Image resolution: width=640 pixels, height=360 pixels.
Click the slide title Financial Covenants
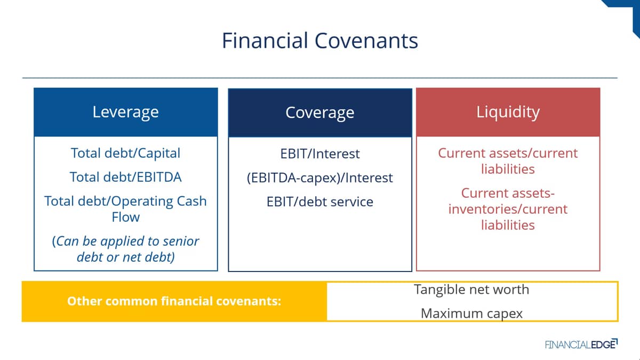[x=319, y=41]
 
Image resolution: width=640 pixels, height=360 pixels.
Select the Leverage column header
[x=126, y=112]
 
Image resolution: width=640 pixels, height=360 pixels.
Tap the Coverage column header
[x=320, y=113]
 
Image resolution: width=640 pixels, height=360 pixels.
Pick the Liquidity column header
[x=508, y=112]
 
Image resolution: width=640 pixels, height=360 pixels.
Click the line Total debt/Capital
[x=126, y=153]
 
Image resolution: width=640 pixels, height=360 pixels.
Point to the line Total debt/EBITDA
[x=126, y=177]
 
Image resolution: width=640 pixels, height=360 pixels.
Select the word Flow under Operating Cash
[x=126, y=217]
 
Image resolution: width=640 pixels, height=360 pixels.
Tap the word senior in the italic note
[x=181, y=242]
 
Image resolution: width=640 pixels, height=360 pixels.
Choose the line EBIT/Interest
[x=320, y=154]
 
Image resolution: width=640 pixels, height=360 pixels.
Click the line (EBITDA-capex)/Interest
[x=320, y=178]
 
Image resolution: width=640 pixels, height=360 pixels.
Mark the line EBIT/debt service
[x=320, y=202]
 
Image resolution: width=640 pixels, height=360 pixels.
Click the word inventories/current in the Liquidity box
[x=508, y=209]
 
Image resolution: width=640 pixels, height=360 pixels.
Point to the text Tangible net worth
[x=471, y=290]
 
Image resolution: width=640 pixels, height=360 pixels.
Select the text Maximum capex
[x=471, y=314]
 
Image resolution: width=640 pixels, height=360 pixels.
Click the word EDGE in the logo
[x=603, y=345]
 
